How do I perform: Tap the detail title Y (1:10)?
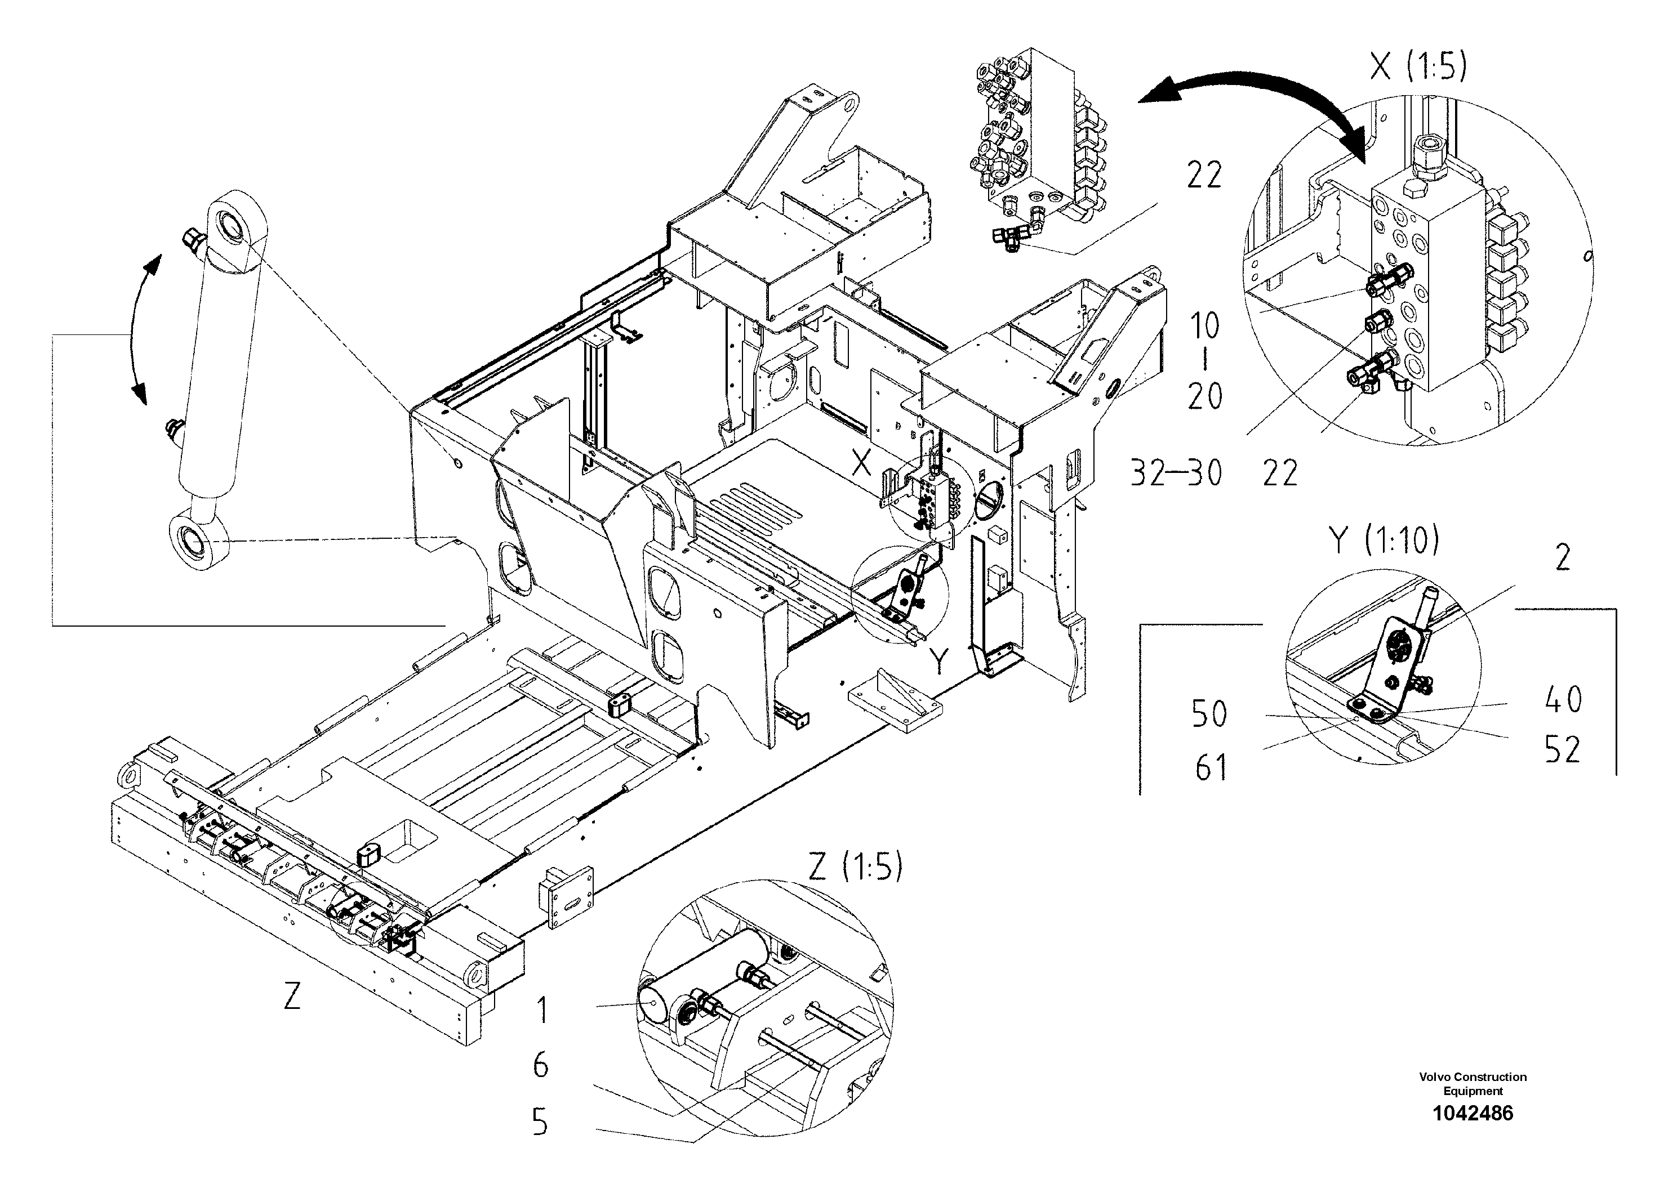(x=1384, y=542)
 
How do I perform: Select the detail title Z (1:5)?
(x=855, y=867)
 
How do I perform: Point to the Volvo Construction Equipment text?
(x=1473, y=1084)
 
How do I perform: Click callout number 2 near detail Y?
(x=1562, y=559)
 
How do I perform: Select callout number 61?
(x=1211, y=768)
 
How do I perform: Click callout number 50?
(x=1209, y=714)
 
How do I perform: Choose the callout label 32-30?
(x=1176, y=473)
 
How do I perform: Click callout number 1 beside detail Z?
(x=541, y=1011)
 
